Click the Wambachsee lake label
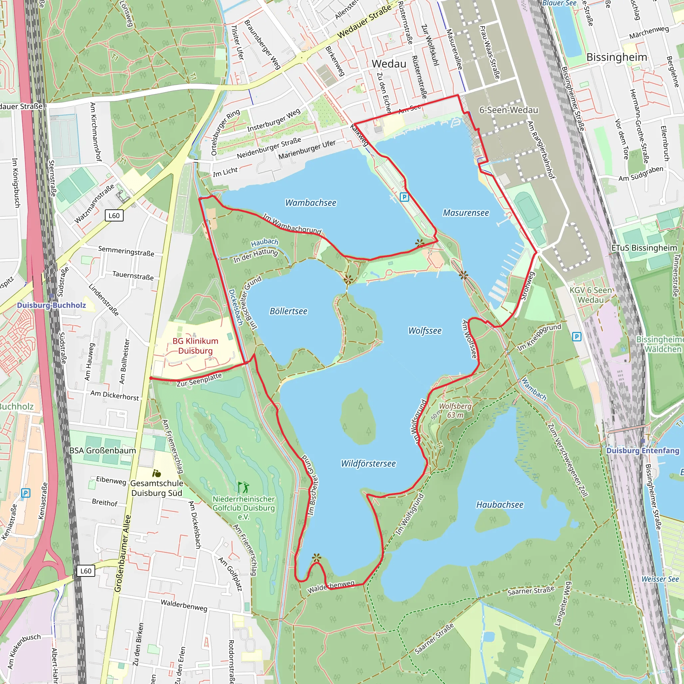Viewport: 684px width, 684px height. pyautogui.click(x=311, y=203)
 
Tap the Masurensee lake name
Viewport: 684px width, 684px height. pyautogui.click(x=466, y=213)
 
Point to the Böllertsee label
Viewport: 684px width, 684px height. pyautogui.click(x=289, y=311)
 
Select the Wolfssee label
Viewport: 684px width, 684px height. pyautogui.click(x=425, y=331)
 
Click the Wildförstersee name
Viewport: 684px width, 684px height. pyautogui.click(x=368, y=464)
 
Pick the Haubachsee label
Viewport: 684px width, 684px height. pyautogui.click(x=500, y=505)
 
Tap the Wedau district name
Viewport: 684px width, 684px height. pyautogui.click(x=389, y=64)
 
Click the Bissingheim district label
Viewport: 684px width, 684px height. pyautogui.click(x=617, y=57)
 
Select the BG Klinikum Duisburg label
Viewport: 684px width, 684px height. pyautogui.click(x=195, y=346)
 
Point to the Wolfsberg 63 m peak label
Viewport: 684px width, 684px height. pyautogui.click(x=455, y=411)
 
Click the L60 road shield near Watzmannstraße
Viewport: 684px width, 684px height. pyautogui.click(x=114, y=216)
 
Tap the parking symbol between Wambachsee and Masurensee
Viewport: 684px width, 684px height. pyautogui.click(x=404, y=197)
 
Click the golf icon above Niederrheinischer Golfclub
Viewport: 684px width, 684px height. pyautogui.click(x=243, y=488)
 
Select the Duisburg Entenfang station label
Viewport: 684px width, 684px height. pyautogui.click(x=643, y=451)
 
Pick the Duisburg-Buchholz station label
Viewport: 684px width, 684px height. pyautogui.click(x=51, y=305)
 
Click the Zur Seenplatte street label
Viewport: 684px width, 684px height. pyautogui.click(x=199, y=379)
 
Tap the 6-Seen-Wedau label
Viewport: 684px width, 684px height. pyautogui.click(x=508, y=110)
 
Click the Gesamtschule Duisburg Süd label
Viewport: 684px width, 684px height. pyautogui.click(x=157, y=488)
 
